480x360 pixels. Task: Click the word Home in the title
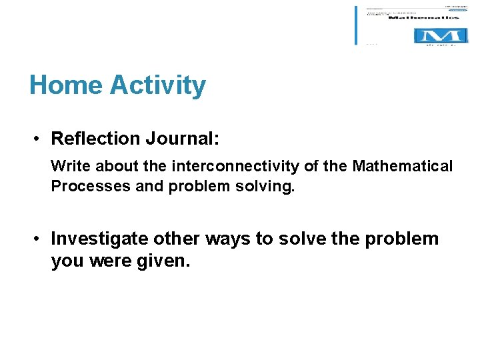coord(66,85)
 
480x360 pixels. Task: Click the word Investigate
coord(100,239)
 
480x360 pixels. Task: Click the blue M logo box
coord(437,35)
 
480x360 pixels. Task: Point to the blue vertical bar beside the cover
coord(356,25)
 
